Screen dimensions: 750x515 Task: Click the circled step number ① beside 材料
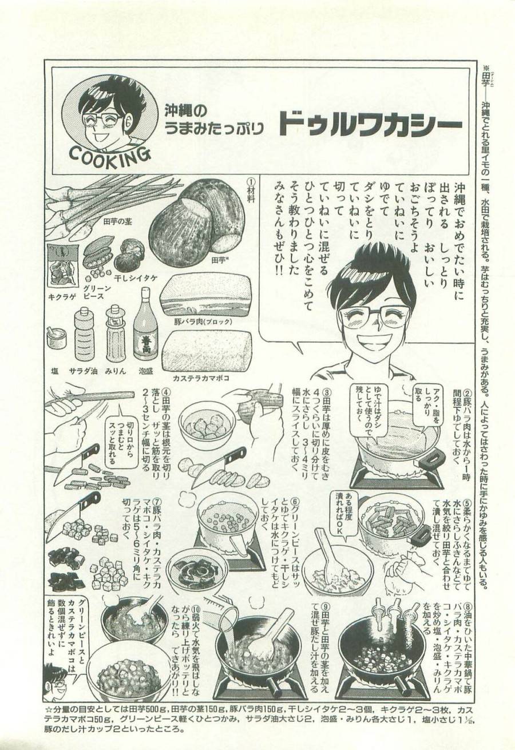250,180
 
